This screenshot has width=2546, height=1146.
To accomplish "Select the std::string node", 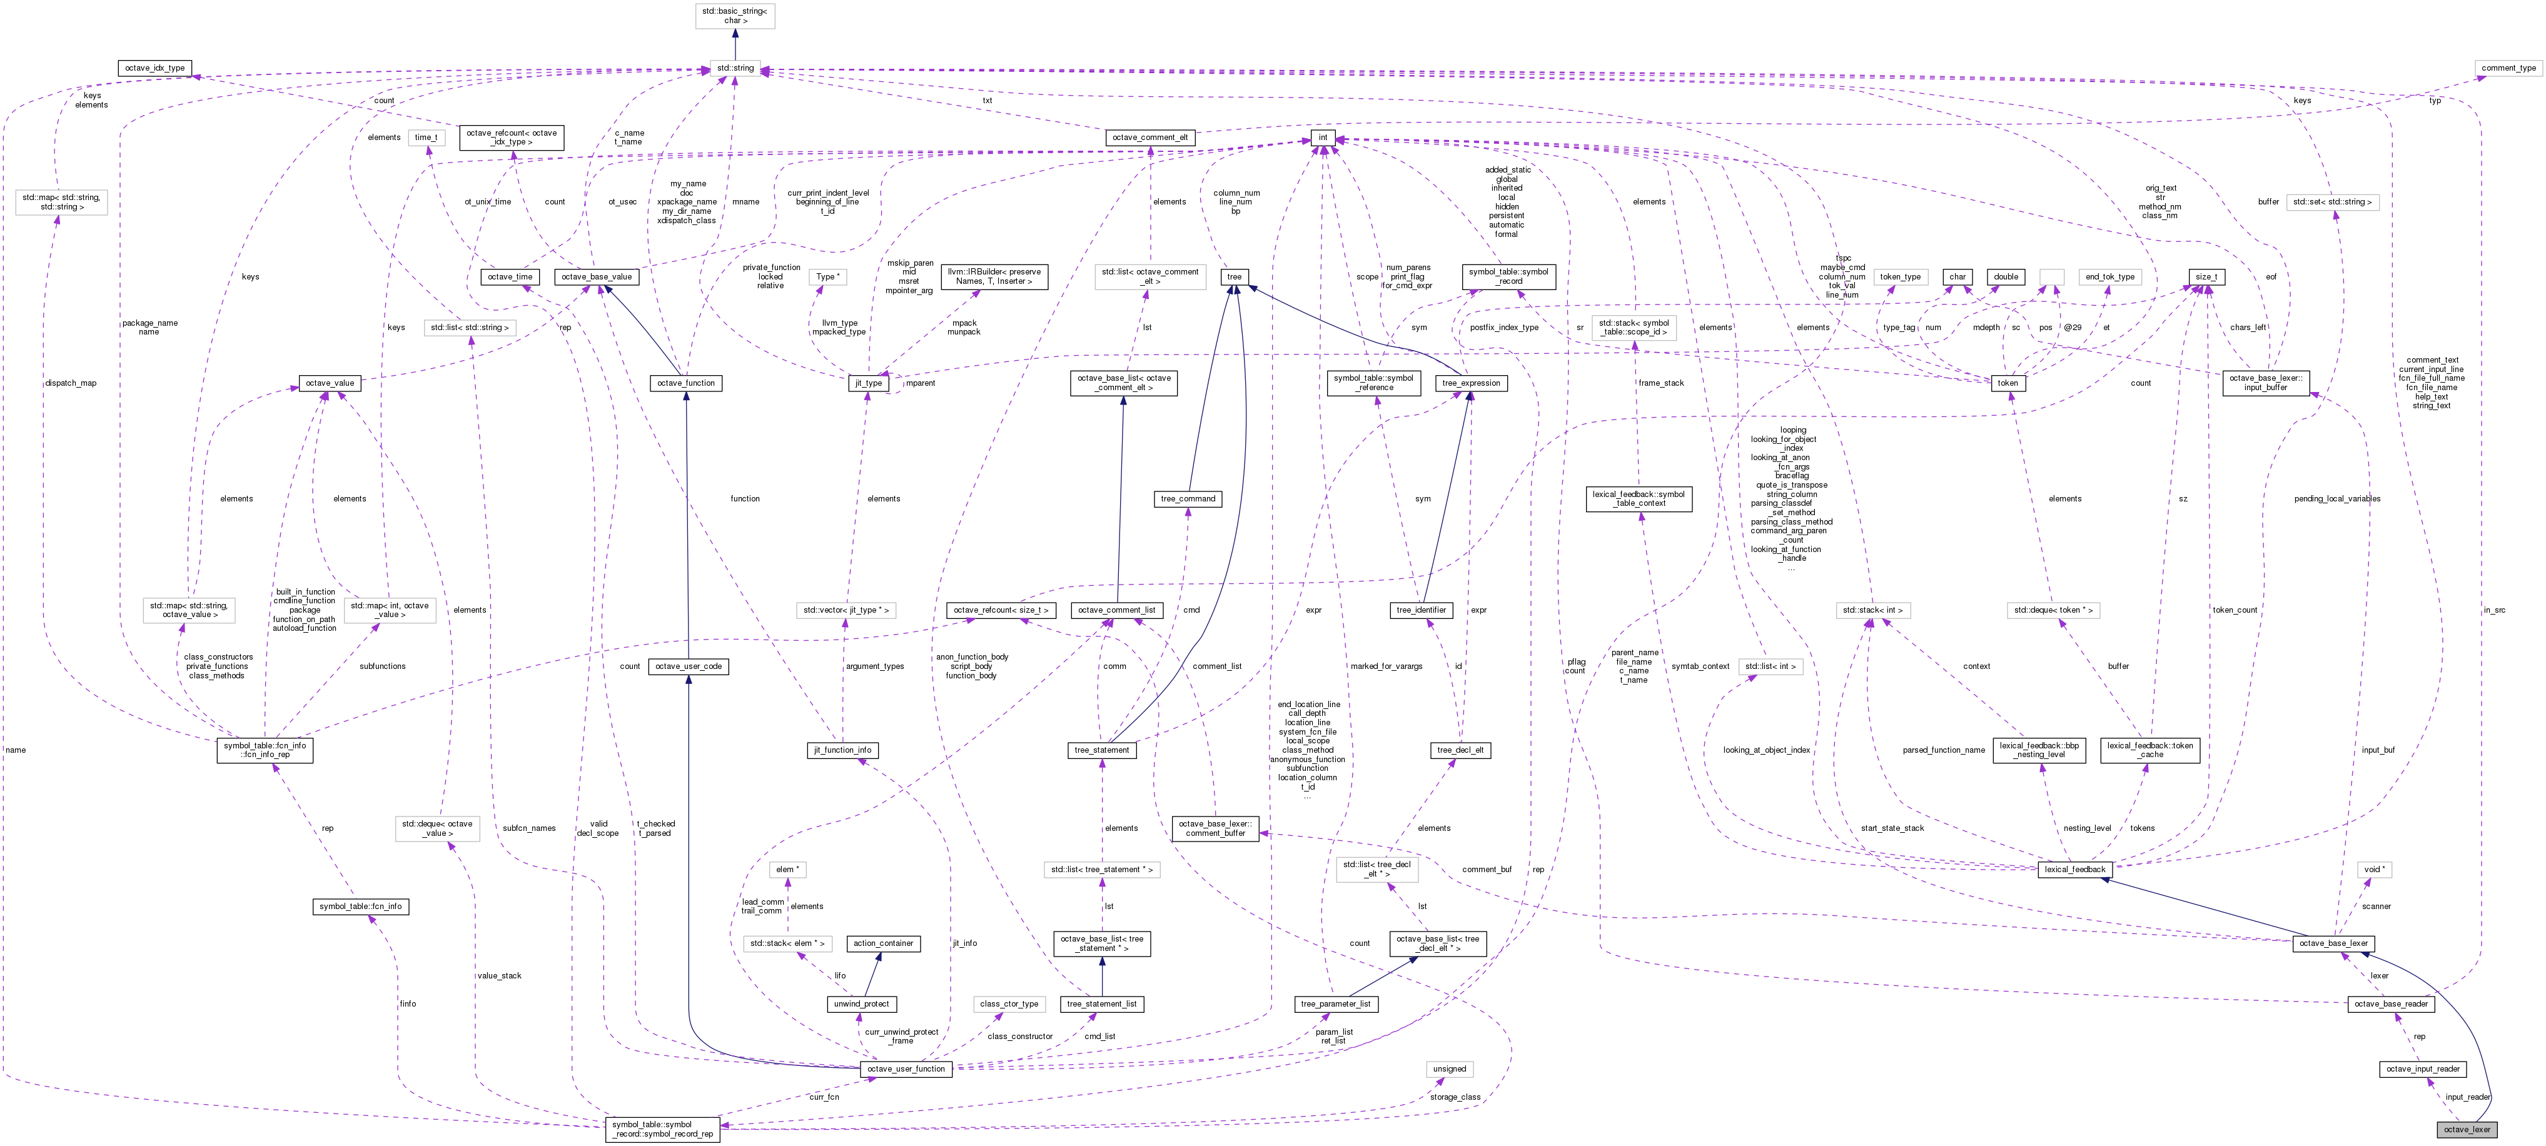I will click(734, 68).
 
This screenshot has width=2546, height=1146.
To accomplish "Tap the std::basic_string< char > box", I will click(734, 15).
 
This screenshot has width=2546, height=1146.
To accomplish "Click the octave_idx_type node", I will click(154, 68).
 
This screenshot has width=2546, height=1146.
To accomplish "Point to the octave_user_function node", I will click(906, 1069).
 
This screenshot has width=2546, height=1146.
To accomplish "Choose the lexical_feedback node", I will click(2074, 870).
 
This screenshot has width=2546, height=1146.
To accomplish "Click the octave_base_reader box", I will click(2391, 1003).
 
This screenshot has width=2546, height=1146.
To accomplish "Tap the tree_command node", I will click(1188, 499).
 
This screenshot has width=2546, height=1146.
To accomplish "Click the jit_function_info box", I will click(842, 750).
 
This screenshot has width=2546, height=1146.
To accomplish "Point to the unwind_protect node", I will click(861, 1003).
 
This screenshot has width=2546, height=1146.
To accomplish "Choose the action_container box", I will click(884, 943).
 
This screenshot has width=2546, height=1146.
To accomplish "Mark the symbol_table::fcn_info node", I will click(360, 906).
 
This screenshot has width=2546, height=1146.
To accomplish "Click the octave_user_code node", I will click(688, 666).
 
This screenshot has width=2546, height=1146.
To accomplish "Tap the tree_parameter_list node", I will click(1335, 1003).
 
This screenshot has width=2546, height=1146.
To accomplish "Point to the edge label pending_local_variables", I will click(2336, 499).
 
